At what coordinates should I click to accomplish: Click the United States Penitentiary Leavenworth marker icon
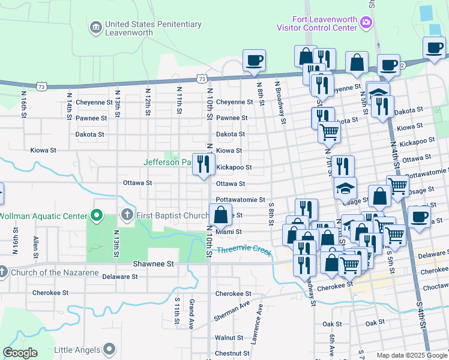coord(96,28)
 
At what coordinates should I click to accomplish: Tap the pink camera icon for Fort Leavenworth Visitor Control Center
coord(366,23)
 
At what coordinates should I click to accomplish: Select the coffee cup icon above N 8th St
coord(254,60)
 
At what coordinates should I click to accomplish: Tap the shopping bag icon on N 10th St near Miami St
coord(220,214)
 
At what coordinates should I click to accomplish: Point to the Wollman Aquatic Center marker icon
coord(96,215)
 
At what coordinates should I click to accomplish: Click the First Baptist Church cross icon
coord(127,215)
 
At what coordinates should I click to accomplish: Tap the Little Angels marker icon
coord(109,349)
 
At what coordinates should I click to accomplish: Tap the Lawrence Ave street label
coord(257,323)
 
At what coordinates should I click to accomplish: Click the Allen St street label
coord(37,247)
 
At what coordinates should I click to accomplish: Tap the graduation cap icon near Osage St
coord(345,188)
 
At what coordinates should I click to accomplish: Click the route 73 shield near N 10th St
coord(202,79)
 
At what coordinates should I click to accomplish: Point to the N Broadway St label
coord(280,103)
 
